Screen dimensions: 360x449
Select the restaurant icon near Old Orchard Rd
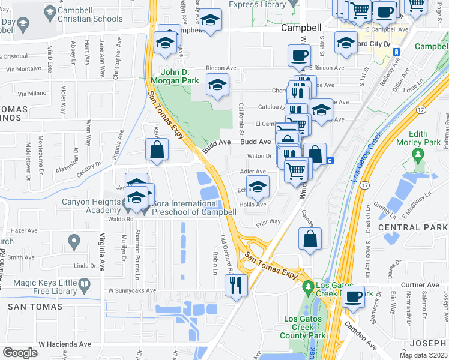pos(236,284)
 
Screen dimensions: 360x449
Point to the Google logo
pos(20,353)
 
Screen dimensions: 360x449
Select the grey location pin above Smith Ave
pos(74,242)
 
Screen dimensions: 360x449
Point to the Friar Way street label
pos(268,221)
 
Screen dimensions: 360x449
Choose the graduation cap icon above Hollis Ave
pos(258,188)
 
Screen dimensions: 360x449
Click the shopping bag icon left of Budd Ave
pos(157,150)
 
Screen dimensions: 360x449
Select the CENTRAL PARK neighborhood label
pos(412,228)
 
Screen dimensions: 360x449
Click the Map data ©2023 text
pos(423,355)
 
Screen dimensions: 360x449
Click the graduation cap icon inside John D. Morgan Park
pos(217,86)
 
